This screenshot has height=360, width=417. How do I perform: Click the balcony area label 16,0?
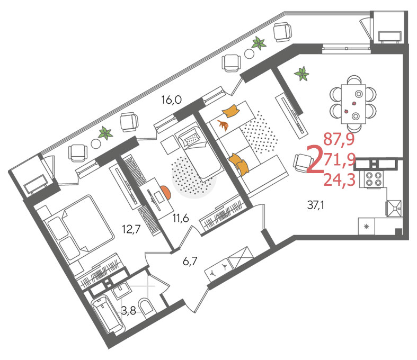[x=172, y=100]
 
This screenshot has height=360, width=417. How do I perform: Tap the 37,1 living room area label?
[x=315, y=205]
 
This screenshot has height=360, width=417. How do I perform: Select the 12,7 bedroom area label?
[x=131, y=229]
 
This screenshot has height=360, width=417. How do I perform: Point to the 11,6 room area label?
[x=181, y=218]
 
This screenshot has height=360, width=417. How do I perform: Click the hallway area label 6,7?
[x=190, y=261]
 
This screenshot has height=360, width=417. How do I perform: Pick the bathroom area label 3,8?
[x=129, y=310]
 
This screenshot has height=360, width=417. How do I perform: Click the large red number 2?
[x=315, y=159]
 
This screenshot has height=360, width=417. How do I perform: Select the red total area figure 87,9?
[x=339, y=139]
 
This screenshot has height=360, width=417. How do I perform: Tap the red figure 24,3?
[x=340, y=180]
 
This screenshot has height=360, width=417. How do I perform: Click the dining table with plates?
[x=353, y=104]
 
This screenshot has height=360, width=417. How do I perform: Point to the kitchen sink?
[x=394, y=208]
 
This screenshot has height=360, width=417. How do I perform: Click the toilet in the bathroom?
[x=147, y=307]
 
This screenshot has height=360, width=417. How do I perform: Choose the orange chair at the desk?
[x=166, y=192]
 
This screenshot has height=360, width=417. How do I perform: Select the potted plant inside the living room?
[x=302, y=74]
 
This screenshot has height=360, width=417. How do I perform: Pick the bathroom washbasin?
[x=122, y=291]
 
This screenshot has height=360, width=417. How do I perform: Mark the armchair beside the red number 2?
[x=303, y=163]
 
